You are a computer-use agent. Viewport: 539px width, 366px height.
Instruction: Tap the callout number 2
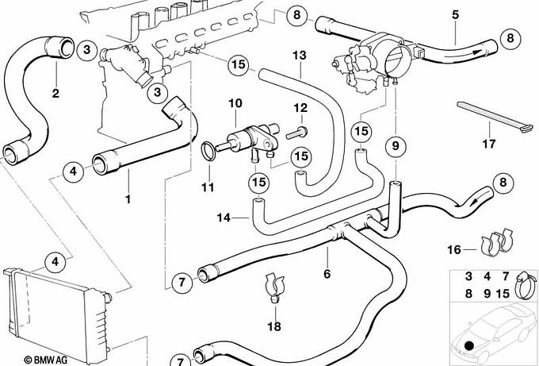[x=55, y=94]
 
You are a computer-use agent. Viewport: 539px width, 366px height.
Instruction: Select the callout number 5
[x=455, y=15]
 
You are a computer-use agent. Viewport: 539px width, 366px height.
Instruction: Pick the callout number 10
[x=235, y=103]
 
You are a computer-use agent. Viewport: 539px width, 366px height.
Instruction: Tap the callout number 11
[x=208, y=187]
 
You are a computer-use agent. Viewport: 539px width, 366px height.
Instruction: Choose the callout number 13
[x=298, y=56]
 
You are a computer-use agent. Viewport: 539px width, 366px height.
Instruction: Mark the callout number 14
[x=223, y=216]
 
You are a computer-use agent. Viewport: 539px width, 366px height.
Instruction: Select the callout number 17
[x=489, y=144]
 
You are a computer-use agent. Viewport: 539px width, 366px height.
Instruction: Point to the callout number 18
[x=274, y=327]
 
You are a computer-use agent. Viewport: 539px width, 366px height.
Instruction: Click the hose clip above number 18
[x=274, y=287]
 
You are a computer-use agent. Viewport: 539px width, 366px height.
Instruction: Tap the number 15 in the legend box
[x=502, y=293]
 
